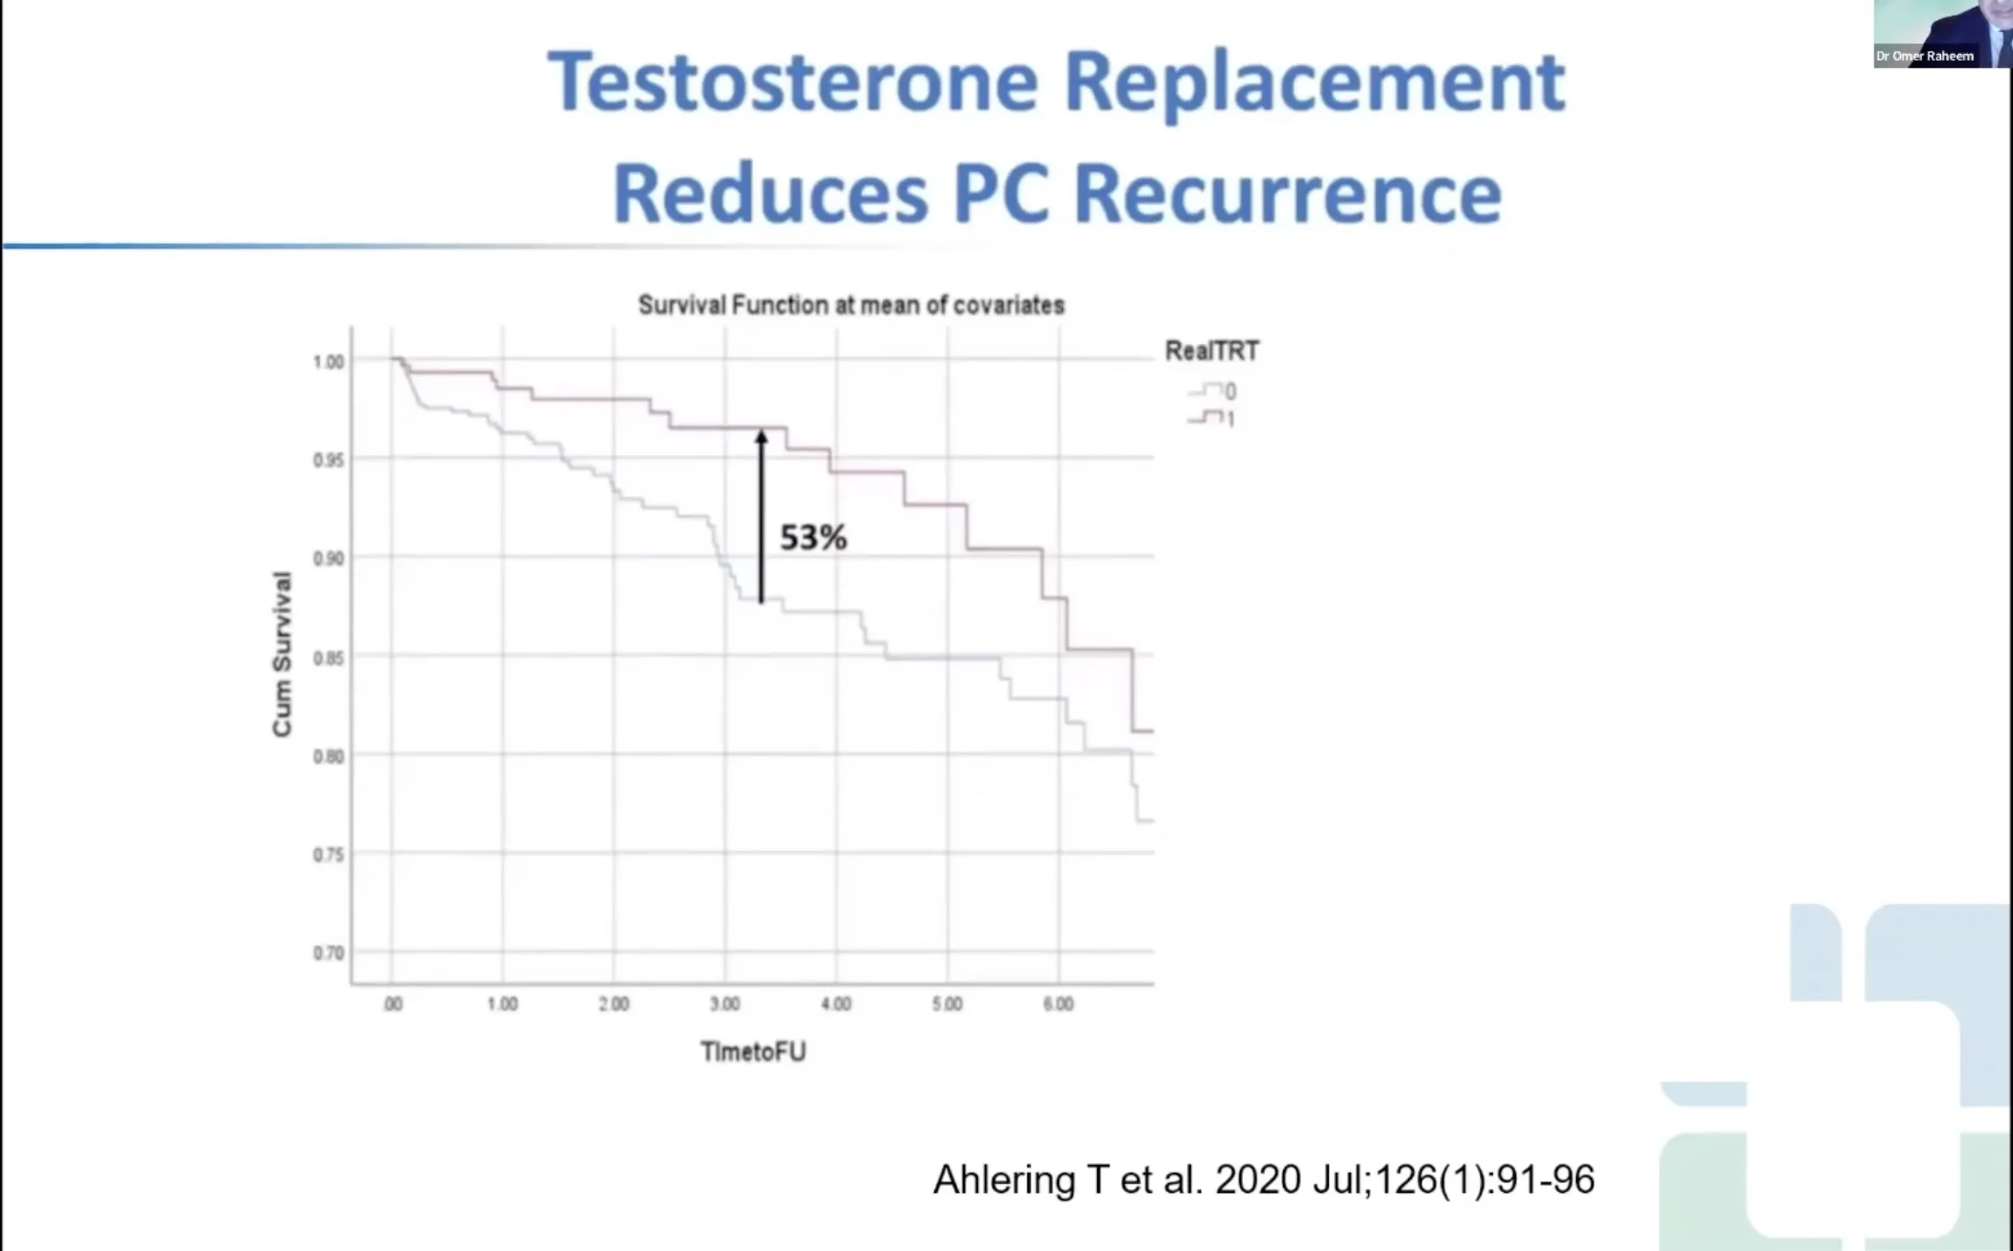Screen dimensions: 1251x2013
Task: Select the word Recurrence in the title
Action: tap(1287, 194)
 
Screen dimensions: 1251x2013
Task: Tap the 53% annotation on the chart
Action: tap(813, 538)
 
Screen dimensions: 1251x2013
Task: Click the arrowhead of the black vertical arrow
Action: tap(761, 437)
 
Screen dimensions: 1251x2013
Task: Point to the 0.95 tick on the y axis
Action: tap(329, 460)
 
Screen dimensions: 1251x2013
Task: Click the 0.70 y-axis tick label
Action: tap(329, 953)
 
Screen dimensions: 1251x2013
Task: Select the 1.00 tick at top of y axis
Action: tap(329, 361)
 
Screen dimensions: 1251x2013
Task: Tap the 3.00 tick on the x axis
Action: tap(725, 1004)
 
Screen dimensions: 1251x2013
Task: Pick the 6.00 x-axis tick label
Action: tap(1058, 1004)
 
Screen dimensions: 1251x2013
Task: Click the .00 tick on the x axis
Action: tap(393, 1004)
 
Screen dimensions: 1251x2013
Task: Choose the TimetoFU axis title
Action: tap(754, 1052)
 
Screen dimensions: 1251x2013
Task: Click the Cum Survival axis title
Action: tap(282, 654)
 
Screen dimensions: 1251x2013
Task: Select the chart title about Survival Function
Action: tap(851, 305)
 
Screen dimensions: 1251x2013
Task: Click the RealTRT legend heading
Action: tap(1212, 351)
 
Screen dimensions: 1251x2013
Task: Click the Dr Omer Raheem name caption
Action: tap(1924, 56)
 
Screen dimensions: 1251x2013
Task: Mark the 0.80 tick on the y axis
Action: tap(329, 757)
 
